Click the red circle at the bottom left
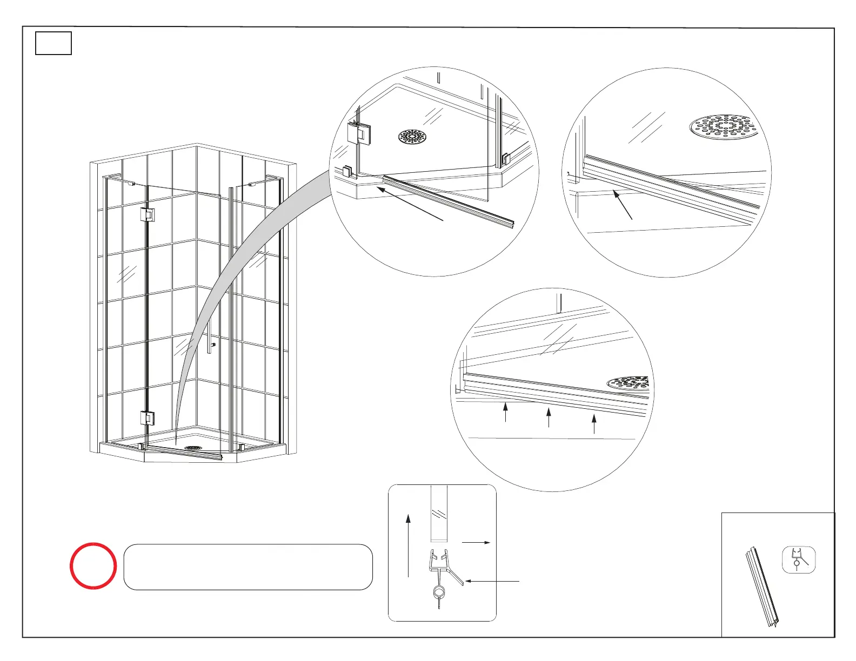pos(93,565)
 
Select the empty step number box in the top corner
pos(54,44)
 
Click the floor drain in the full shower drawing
pos(193,448)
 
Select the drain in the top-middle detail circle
pos(412,137)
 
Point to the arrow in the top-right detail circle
pos(623,205)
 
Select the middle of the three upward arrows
pos(549,417)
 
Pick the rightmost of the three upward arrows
pos(594,424)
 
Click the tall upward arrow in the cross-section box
pos(409,545)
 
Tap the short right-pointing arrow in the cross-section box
pos(476,542)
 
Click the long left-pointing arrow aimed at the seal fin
pos(492,581)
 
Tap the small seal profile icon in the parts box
pos(798,559)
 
